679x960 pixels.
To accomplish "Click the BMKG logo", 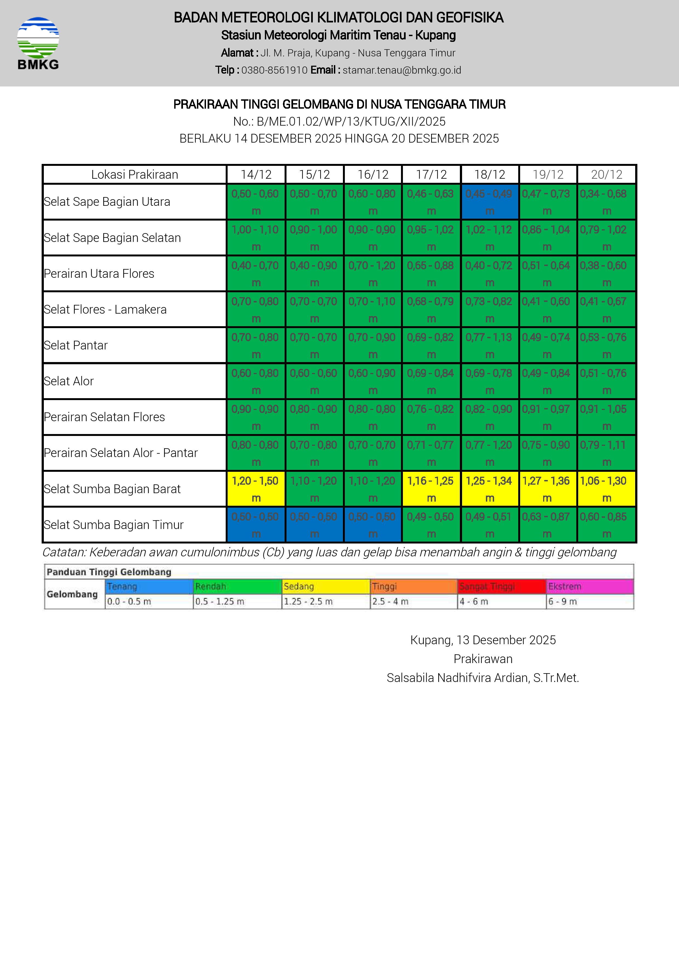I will point(38,43).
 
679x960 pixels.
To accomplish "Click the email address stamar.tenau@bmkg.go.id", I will point(402,70).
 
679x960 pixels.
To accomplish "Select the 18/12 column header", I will point(489,174).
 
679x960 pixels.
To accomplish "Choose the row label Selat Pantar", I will point(76,345).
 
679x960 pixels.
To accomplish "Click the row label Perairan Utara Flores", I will point(99,273).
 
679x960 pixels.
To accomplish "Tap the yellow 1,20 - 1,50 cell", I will point(256,489).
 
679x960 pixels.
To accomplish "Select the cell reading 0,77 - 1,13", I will point(489,345).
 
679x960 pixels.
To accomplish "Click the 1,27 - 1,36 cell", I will point(548,489).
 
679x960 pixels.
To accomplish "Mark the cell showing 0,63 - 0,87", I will point(548,525).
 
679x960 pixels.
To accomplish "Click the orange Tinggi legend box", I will point(413,586).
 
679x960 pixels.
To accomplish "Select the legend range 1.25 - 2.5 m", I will point(308,601).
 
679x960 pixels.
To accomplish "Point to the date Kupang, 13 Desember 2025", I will point(483,640).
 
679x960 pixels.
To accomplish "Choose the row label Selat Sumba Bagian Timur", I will point(114,525).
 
